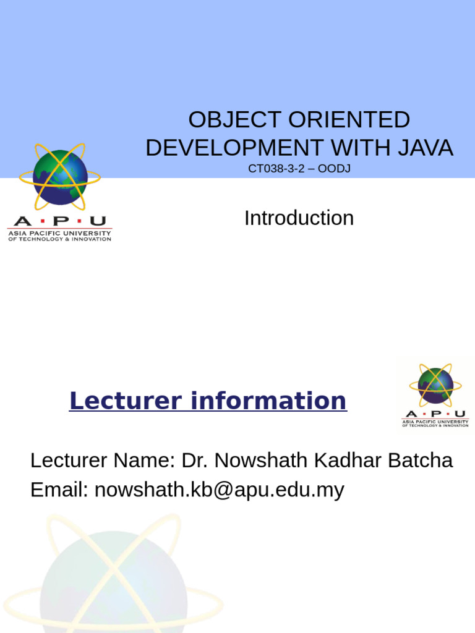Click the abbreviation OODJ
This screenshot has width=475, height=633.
coord(334,168)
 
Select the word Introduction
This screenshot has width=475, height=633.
coord(299,218)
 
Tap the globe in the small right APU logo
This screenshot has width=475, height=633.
coord(435,385)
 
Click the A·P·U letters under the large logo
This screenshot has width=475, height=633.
coord(59,221)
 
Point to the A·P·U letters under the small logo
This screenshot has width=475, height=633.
coord(435,414)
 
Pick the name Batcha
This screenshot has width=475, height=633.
coord(422,461)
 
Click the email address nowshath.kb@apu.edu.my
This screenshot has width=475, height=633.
coord(219,490)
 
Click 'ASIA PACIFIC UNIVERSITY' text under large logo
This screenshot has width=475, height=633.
coord(59,233)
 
